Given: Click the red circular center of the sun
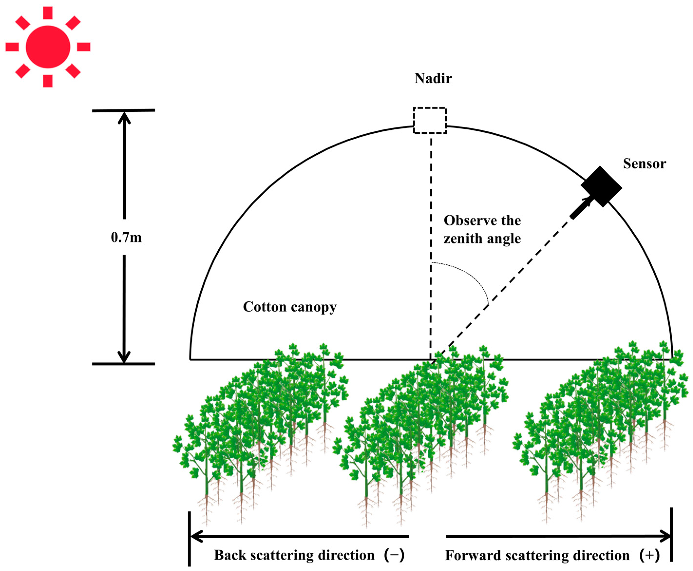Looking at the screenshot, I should coord(48,47).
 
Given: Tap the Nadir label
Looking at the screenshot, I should coord(433,78).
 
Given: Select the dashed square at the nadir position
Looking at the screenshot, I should coord(429,120).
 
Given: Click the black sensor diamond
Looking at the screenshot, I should coord(601,187).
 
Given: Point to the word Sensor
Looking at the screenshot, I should coord(644,164).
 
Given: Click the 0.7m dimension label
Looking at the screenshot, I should coord(126,238).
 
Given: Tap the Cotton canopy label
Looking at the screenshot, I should coord(289,307).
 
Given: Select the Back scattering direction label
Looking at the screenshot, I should coord(294,555).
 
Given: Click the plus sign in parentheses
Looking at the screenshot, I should coord(650,555).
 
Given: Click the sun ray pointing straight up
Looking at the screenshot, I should coord(48,12).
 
